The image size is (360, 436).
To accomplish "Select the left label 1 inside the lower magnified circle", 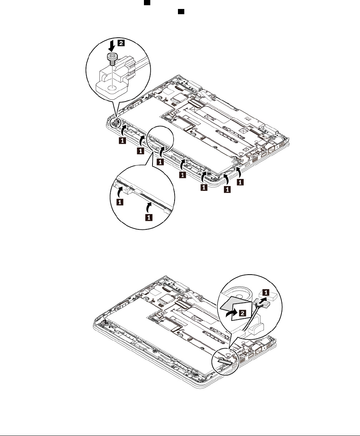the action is tap(120, 202).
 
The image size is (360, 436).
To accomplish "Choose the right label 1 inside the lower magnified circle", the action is tap(148, 216).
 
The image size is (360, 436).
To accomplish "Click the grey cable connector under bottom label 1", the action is tap(262, 304).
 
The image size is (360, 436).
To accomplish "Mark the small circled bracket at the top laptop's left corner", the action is tap(117, 120).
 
